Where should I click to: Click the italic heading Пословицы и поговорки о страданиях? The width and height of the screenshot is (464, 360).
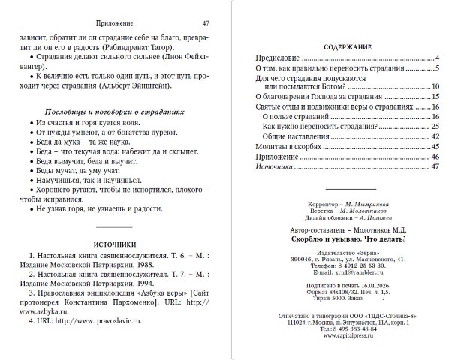pos(110,107)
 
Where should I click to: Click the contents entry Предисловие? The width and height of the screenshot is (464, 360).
pos(278,58)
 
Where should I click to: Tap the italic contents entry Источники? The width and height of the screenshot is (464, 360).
pos(275,166)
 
